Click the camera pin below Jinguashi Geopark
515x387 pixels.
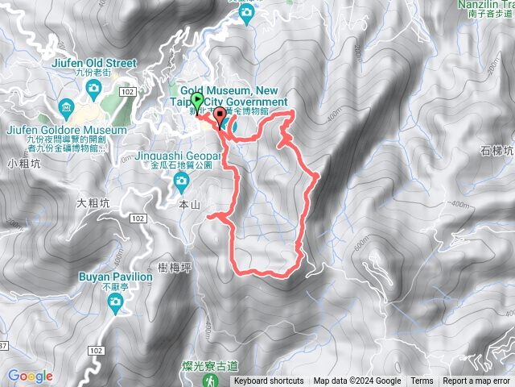[183, 180]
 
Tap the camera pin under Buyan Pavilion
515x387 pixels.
[116, 302]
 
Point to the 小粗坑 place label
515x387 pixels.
[23, 164]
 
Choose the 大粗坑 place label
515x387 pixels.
[93, 203]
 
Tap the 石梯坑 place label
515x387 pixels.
[496, 150]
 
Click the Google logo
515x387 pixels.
[30, 376]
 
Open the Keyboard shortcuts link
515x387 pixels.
[269, 381]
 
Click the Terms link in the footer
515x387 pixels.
[422, 381]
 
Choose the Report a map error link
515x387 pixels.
[476, 381]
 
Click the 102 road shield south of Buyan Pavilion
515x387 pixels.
[97, 328]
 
